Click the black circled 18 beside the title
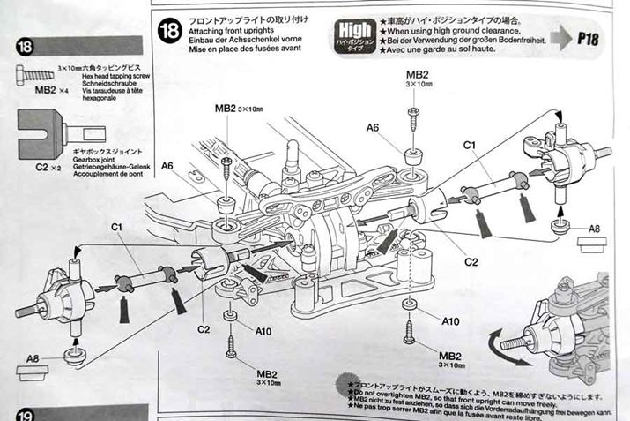(168, 33)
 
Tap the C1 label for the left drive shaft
(115, 228)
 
